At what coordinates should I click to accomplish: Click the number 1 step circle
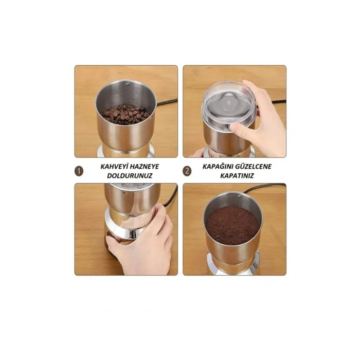79,171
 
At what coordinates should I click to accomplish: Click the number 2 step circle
187,171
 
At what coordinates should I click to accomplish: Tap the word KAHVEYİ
114,167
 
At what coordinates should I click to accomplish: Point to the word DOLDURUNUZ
130,176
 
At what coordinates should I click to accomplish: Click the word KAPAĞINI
217,167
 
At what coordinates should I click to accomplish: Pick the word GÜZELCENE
253,167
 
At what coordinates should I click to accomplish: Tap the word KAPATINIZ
237,176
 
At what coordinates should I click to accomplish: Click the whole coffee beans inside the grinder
126,115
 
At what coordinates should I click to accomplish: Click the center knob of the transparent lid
229,102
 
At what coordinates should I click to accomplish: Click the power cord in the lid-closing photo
271,101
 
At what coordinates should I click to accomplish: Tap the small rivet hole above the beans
128,84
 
